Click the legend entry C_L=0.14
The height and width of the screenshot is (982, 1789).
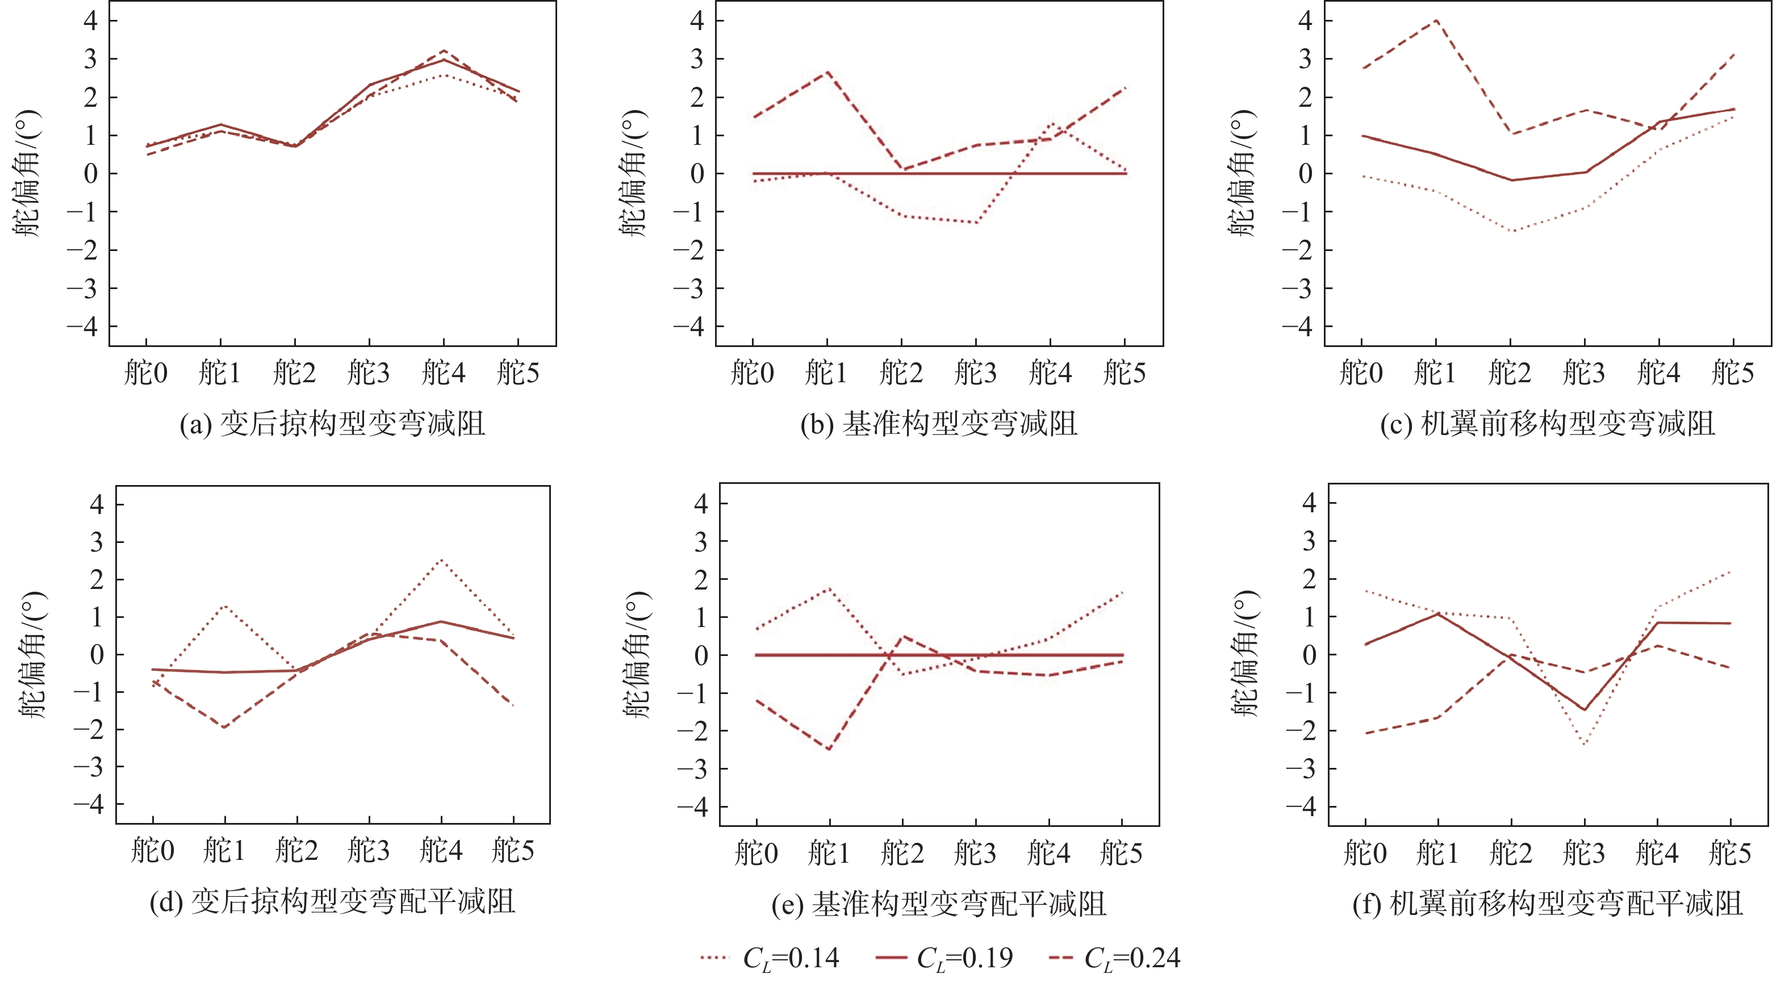pyautogui.click(x=770, y=958)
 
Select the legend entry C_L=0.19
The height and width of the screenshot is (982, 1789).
pyautogui.click(x=944, y=958)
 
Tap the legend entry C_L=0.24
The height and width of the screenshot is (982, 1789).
pyautogui.click(x=1114, y=958)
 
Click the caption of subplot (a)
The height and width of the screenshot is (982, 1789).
pyautogui.click(x=332, y=424)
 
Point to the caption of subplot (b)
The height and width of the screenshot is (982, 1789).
pyautogui.click(x=939, y=424)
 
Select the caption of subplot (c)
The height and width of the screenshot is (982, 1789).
pyautogui.click(x=1547, y=424)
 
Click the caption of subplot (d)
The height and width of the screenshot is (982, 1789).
pyautogui.click(x=332, y=902)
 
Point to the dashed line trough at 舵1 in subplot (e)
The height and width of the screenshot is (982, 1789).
pyautogui.click(x=829, y=749)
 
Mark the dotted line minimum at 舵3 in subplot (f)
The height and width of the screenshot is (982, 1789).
pyautogui.click(x=1584, y=745)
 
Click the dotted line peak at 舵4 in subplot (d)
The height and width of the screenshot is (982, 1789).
pyautogui.click(x=441, y=560)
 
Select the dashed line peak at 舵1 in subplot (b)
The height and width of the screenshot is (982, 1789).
pyautogui.click(x=827, y=72)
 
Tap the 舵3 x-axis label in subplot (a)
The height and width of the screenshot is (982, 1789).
pyautogui.click(x=369, y=373)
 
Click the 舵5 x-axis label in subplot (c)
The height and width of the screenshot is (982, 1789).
pyautogui.click(x=1733, y=373)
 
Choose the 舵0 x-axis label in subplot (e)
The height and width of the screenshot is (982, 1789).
pyautogui.click(x=756, y=853)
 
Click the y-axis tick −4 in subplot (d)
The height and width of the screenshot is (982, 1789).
pyautogui.click(x=88, y=804)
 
